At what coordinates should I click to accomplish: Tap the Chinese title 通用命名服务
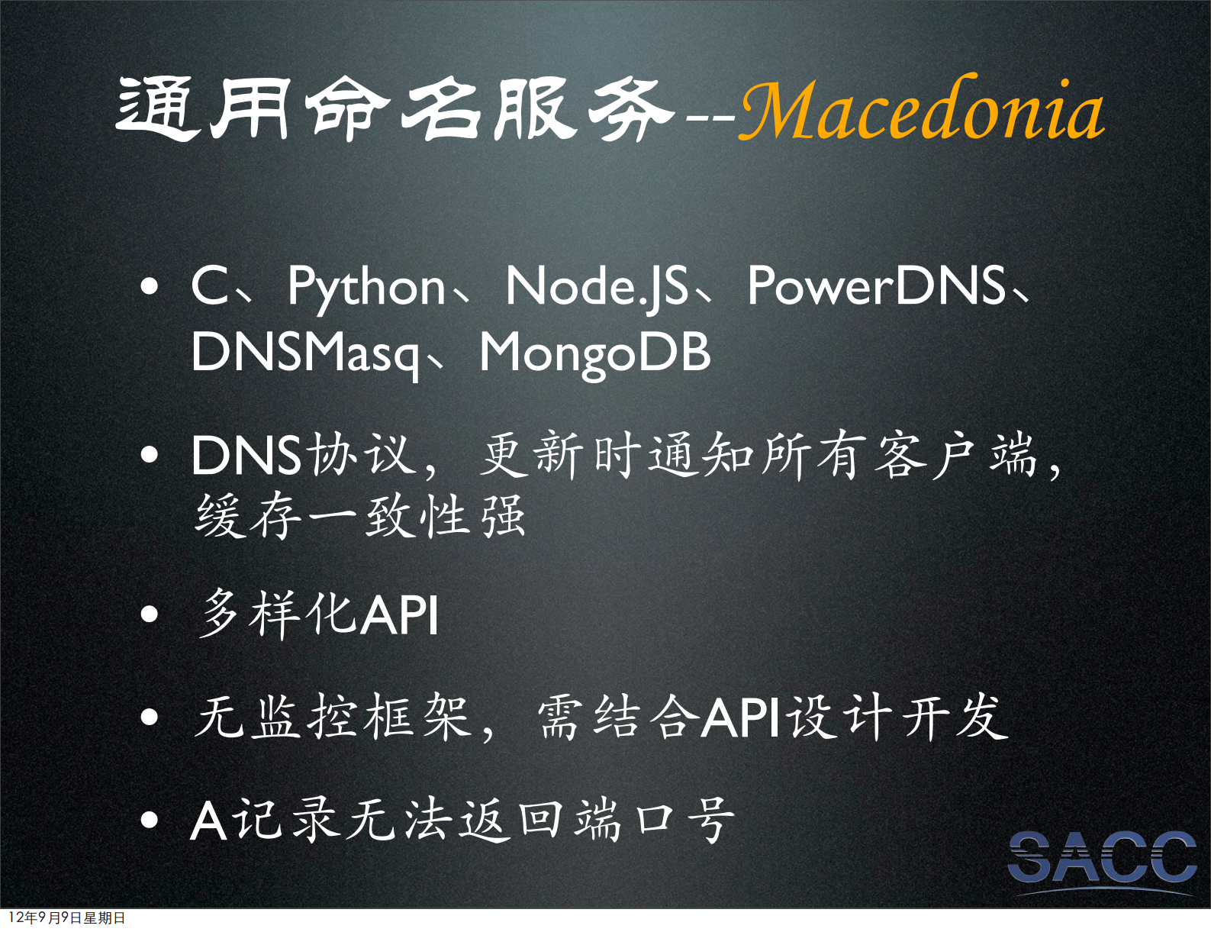tap(395, 111)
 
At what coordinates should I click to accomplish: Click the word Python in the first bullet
tap(366, 287)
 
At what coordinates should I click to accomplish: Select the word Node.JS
tap(597, 287)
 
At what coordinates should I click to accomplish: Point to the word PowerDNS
tap(876, 287)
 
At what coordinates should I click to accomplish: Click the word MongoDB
tap(595, 353)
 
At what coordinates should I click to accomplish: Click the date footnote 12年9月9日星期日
tap(67, 917)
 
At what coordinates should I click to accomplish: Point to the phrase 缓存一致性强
tap(360, 517)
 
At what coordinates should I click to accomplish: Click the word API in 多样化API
tap(399, 615)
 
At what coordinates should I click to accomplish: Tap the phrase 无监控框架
tap(331, 718)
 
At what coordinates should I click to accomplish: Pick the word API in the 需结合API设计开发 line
tap(740, 718)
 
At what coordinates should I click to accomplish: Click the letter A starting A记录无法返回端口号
tap(208, 821)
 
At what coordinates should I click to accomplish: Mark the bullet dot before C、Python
tap(150, 288)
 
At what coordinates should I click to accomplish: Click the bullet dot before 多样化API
tap(150, 614)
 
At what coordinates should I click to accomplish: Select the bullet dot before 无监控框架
tap(150, 718)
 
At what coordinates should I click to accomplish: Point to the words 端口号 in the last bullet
tap(655, 821)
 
